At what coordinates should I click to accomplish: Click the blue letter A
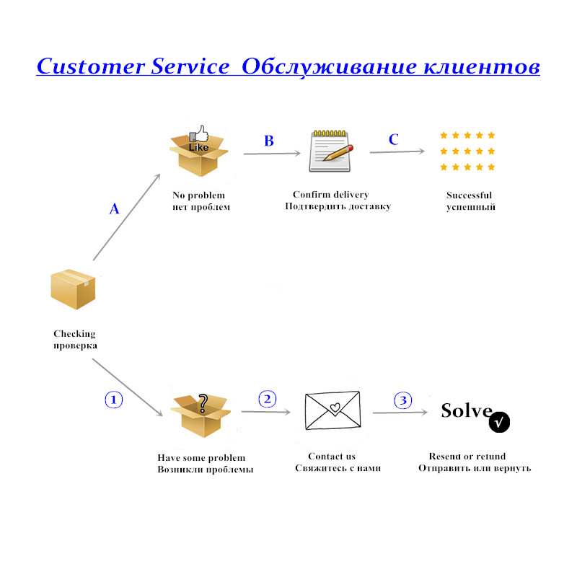pyautogui.click(x=115, y=208)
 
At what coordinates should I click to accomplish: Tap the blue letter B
pyautogui.click(x=269, y=141)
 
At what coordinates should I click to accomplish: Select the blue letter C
pyautogui.click(x=393, y=139)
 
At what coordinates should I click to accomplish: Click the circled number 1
pyautogui.click(x=114, y=400)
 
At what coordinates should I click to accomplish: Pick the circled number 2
pyautogui.click(x=268, y=399)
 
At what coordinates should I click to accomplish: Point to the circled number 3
pyautogui.click(x=403, y=400)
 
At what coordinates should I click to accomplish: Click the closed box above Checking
pyautogui.click(x=73, y=289)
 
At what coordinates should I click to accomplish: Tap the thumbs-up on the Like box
pyautogui.click(x=201, y=133)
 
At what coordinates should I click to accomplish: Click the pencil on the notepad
pyautogui.click(x=338, y=153)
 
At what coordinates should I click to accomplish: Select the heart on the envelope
pyautogui.click(x=335, y=408)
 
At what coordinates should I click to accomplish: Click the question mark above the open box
pyautogui.click(x=203, y=403)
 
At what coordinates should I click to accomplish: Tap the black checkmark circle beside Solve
pyautogui.click(x=499, y=422)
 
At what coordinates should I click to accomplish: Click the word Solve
pyautogui.click(x=467, y=410)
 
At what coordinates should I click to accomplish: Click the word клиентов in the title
pyautogui.click(x=482, y=66)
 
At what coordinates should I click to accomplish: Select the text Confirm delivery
pyautogui.click(x=331, y=194)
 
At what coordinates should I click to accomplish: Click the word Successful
pyautogui.click(x=470, y=195)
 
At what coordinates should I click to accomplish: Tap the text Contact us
pyautogui.click(x=332, y=457)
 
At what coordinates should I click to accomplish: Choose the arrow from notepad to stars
pyautogui.click(x=397, y=151)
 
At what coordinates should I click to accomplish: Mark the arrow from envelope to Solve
pyautogui.click(x=400, y=413)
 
